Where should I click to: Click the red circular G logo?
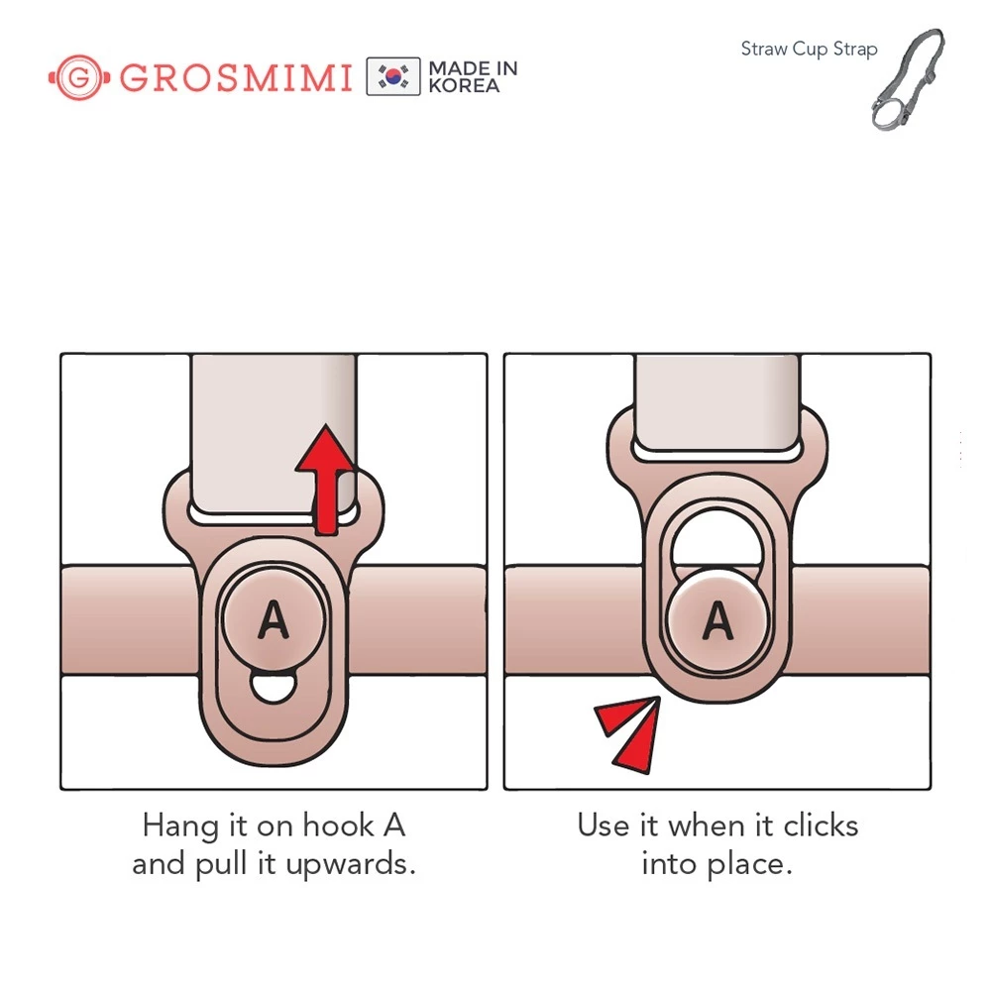(x=79, y=77)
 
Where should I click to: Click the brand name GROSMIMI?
(x=236, y=77)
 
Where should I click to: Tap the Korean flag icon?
(x=393, y=76)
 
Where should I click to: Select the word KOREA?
(x=464, y=86)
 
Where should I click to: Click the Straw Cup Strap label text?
(x=809, y=50)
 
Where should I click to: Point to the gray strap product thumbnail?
(x=908, y=79)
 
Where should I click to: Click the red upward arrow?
(x=325, y=481)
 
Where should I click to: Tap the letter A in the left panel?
(x=274, y=619)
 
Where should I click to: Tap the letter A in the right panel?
(x=717, y=620)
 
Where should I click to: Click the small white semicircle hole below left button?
(x=274, y=688)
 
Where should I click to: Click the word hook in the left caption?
(x=339, y=826)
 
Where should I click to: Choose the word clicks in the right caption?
(x=821, y=826)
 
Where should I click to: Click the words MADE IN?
(x=473, y=68)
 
